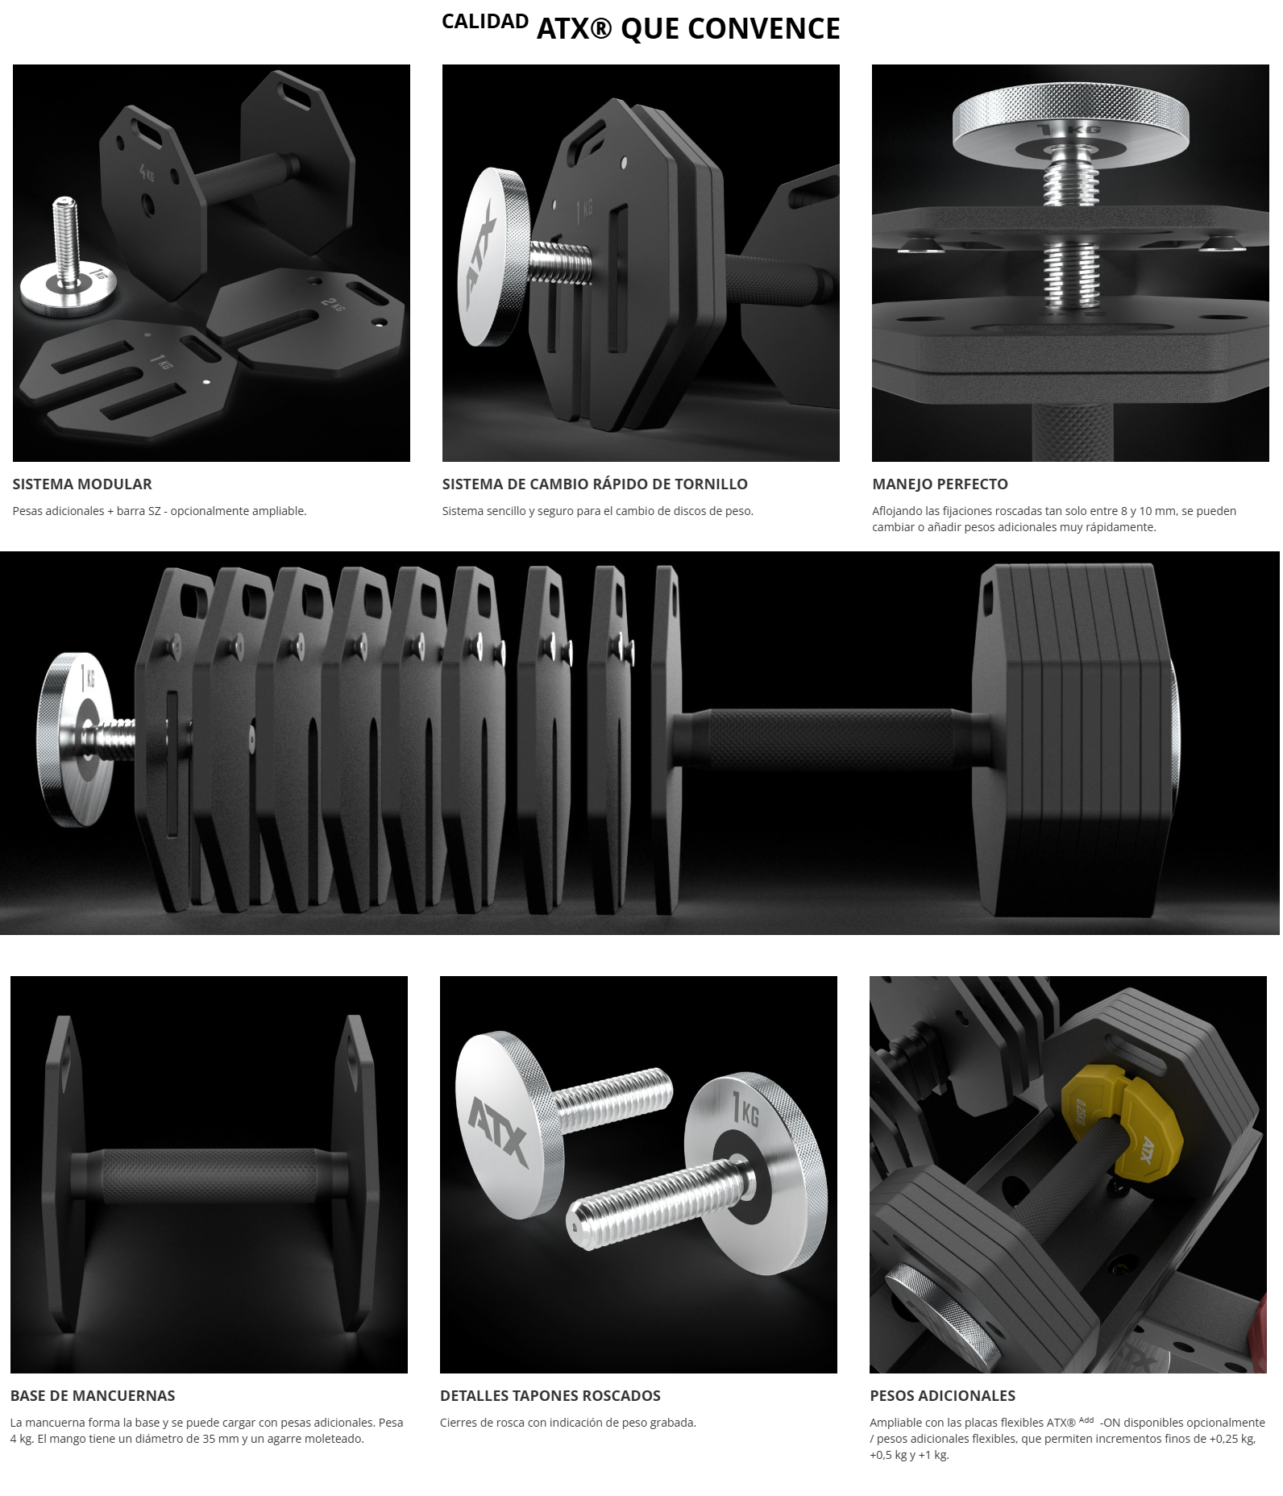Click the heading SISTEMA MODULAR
(x=82, y=484)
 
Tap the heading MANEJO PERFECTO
(x=940, y=484)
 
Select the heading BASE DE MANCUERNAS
(x=93, y=1396)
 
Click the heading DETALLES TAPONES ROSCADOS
(x=550, y=1396)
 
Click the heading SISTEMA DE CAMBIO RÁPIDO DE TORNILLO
(x=595, y=484)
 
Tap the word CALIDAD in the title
(x=485, y=22)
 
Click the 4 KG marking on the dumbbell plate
(x=146, y=173)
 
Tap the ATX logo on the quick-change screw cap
(x=483, y=258)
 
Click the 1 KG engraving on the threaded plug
(x=745, y=1112)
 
